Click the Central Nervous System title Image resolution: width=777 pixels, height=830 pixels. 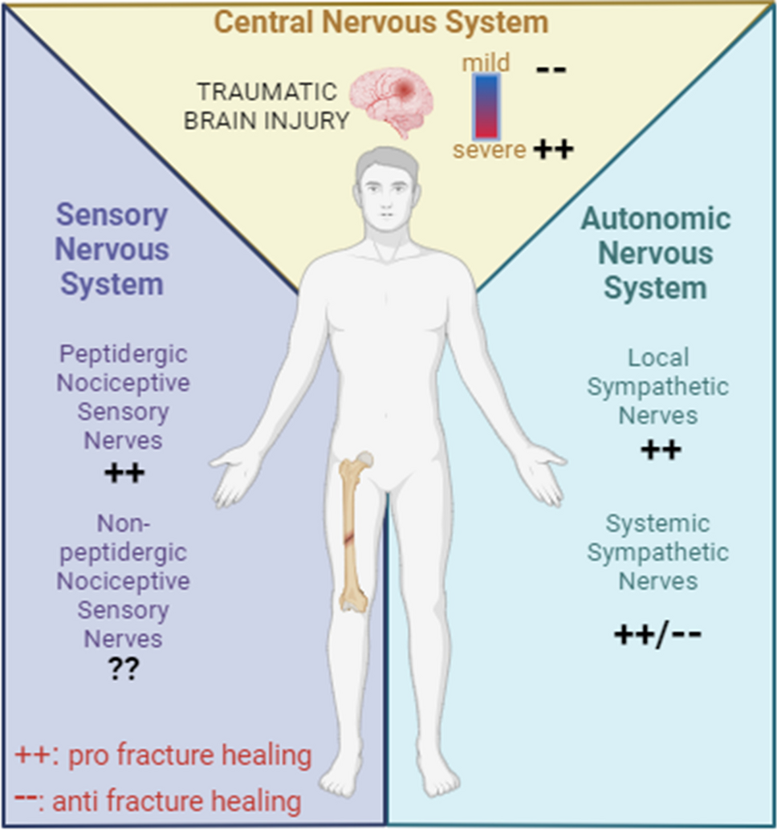click(381, 22)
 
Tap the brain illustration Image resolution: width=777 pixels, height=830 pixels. click(394, 100)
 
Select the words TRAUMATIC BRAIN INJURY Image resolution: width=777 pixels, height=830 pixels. click(266, 105)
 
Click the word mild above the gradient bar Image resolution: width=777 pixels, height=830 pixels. click(486, 63)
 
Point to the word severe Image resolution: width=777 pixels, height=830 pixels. click(489, 149)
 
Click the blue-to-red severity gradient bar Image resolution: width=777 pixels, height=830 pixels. click(486, 105)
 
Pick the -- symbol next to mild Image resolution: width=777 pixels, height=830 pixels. click(551, 69)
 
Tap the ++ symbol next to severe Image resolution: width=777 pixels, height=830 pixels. click(553, 149)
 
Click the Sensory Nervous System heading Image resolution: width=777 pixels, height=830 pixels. click(112, 249)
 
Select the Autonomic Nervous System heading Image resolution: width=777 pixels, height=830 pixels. click(656, 253)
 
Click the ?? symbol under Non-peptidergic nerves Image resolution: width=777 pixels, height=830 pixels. click(124, 669)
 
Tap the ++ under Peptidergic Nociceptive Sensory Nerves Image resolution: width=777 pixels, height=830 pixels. click(124, 473)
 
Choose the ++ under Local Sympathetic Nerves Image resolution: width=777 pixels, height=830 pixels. click(661, 450)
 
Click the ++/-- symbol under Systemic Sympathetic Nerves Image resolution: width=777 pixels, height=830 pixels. click(658, 635)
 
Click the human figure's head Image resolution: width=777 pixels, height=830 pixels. click(388, 189)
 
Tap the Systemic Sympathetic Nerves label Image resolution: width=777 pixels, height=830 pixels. click(657, 552)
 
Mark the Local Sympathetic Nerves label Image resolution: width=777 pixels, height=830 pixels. click(657, 386)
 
